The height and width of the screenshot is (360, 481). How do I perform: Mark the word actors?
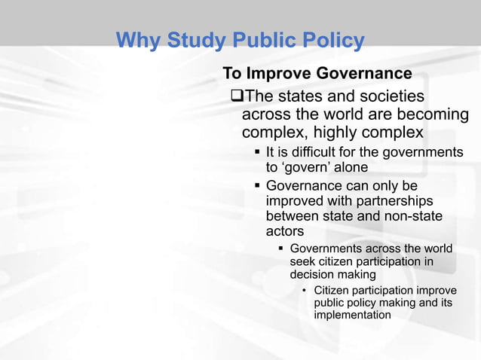coord(285,232)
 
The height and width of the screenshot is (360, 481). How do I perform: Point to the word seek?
coord(302,262)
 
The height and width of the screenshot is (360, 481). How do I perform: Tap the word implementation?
coord(352,315)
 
